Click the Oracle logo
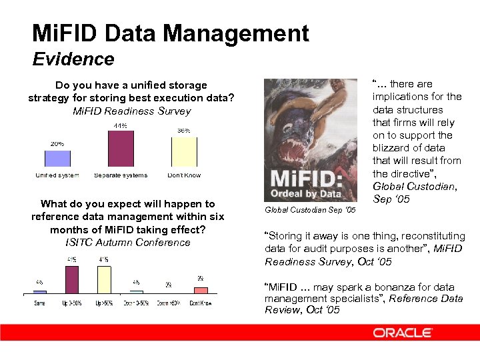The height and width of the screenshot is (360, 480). tap(402, 333)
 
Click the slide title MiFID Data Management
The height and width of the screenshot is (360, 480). tap(171, 33)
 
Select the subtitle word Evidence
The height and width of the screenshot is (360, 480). tap(73, 59)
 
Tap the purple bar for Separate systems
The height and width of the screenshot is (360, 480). tap(121, 148)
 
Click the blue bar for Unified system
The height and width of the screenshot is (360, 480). tap(57, 158)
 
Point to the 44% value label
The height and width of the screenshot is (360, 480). tap(121, 125)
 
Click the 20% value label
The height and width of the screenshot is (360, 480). tap(57, 143)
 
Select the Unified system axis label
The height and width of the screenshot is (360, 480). tap(57, 175)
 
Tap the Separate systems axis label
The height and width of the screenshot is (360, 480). tap(121, 175)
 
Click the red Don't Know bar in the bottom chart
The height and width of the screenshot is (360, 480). tap(201, 290)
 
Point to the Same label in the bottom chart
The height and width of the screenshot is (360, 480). tap(40, 303)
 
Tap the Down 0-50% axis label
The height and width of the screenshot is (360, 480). tap(136, 303)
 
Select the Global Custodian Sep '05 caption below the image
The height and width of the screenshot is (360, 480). tap(310, 210)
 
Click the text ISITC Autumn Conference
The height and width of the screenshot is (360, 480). tap(128, 242)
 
